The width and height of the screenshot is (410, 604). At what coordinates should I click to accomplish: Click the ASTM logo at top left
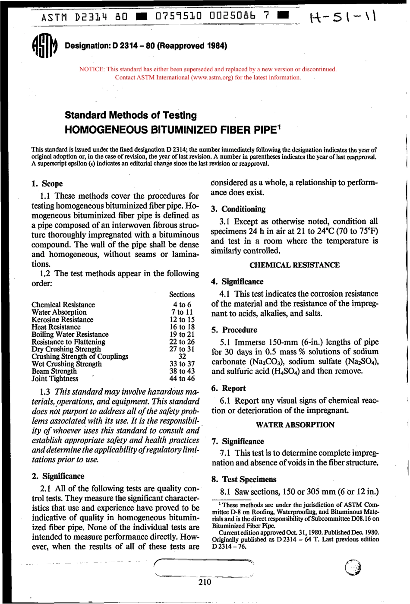tap(44, 45)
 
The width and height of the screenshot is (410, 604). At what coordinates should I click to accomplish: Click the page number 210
tap(205, 582)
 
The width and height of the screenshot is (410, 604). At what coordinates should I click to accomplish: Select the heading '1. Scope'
tap(47, 183)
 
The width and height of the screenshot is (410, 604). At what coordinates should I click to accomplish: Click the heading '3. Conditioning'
tap(238, 209)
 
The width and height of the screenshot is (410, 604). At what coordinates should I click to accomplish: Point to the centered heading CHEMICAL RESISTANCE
tap(294, 265)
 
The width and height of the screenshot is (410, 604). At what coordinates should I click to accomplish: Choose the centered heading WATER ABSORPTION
tap(295, 425)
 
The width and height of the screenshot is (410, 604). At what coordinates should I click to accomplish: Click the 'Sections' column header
tap(182, 294)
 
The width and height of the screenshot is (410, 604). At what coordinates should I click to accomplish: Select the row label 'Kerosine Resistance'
tap(62, 319)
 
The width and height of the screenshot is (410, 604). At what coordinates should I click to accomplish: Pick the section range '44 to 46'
tap(182, 379)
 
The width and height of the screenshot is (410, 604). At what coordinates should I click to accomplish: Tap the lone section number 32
tap(182, 357)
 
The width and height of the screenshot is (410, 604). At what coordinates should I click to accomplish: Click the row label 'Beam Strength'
tap(54, 371)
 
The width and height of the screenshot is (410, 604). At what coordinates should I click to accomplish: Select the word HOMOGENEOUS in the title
tap(106, 130)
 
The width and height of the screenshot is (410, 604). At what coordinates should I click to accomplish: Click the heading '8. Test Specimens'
tap(244, 479)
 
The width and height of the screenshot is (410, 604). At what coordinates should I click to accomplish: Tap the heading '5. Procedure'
tap(234, 330)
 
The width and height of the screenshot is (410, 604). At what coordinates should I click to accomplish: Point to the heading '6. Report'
tap(229, 389)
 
